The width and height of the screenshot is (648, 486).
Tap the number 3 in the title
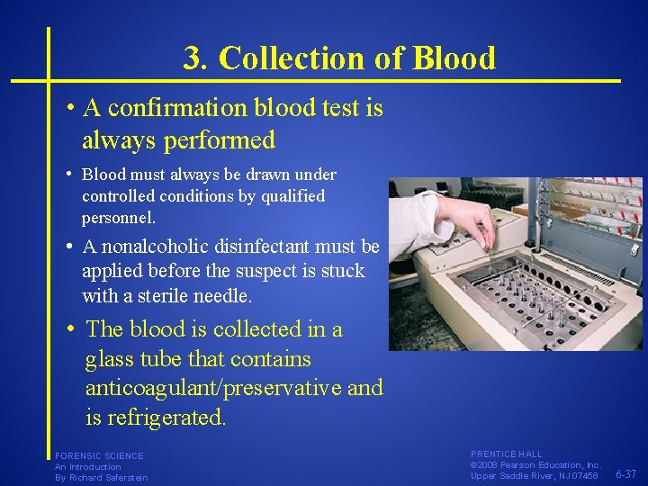click(192, 58)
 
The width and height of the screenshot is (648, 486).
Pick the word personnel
click(118, 217)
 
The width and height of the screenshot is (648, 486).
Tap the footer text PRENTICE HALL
click(506, 454)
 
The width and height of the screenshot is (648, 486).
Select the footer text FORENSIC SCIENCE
click(99, 456)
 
